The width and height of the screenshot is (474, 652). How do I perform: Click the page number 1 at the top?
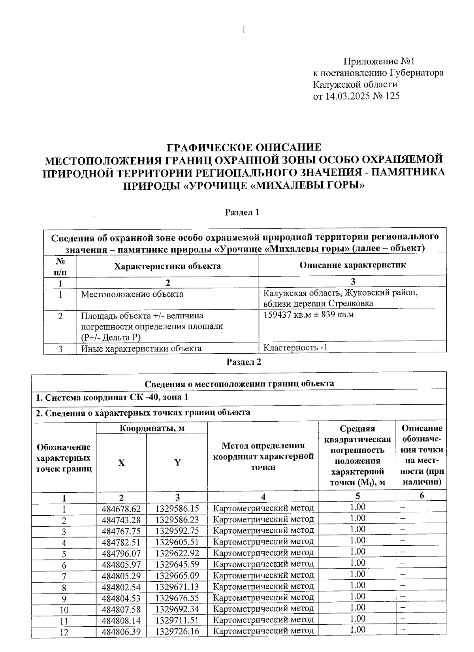[x=244, y=30]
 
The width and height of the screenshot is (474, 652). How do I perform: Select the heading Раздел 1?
[x=242, y=213]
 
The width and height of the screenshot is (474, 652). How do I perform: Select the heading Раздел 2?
[x=244, y=362]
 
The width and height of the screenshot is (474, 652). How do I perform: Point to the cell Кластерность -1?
[x=295, y=348]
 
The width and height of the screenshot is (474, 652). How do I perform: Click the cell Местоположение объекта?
[x=132, y=294]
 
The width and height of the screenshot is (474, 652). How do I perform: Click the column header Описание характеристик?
[x=352, y=265]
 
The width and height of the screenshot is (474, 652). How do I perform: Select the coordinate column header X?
[x=121, y=463]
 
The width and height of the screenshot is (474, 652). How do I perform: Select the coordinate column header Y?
[x=177, y=463]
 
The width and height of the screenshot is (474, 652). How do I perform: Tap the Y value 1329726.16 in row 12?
[x=177, y=631]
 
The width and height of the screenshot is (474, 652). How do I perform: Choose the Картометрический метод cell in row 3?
[x=263, y=530]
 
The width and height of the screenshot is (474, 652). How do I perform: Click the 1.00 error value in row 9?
[x=357, y=596]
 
